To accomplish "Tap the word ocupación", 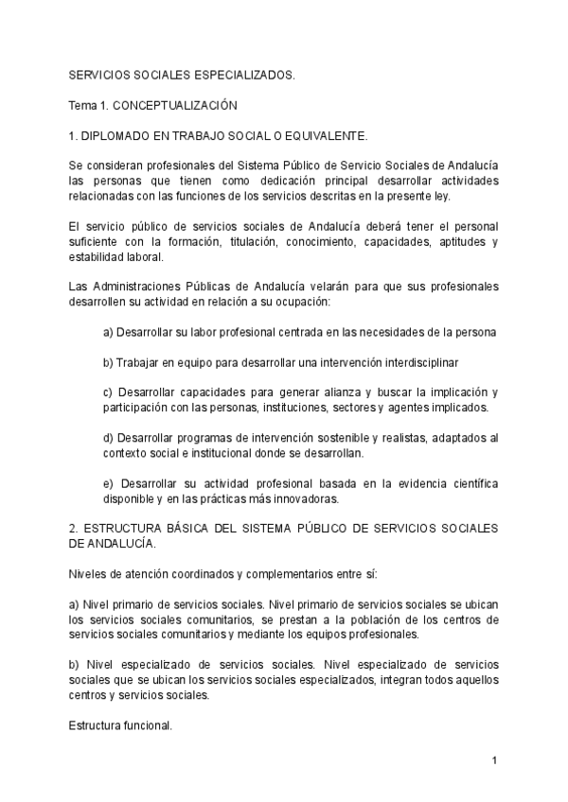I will point(299,303).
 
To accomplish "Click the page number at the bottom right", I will point(494,759).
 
